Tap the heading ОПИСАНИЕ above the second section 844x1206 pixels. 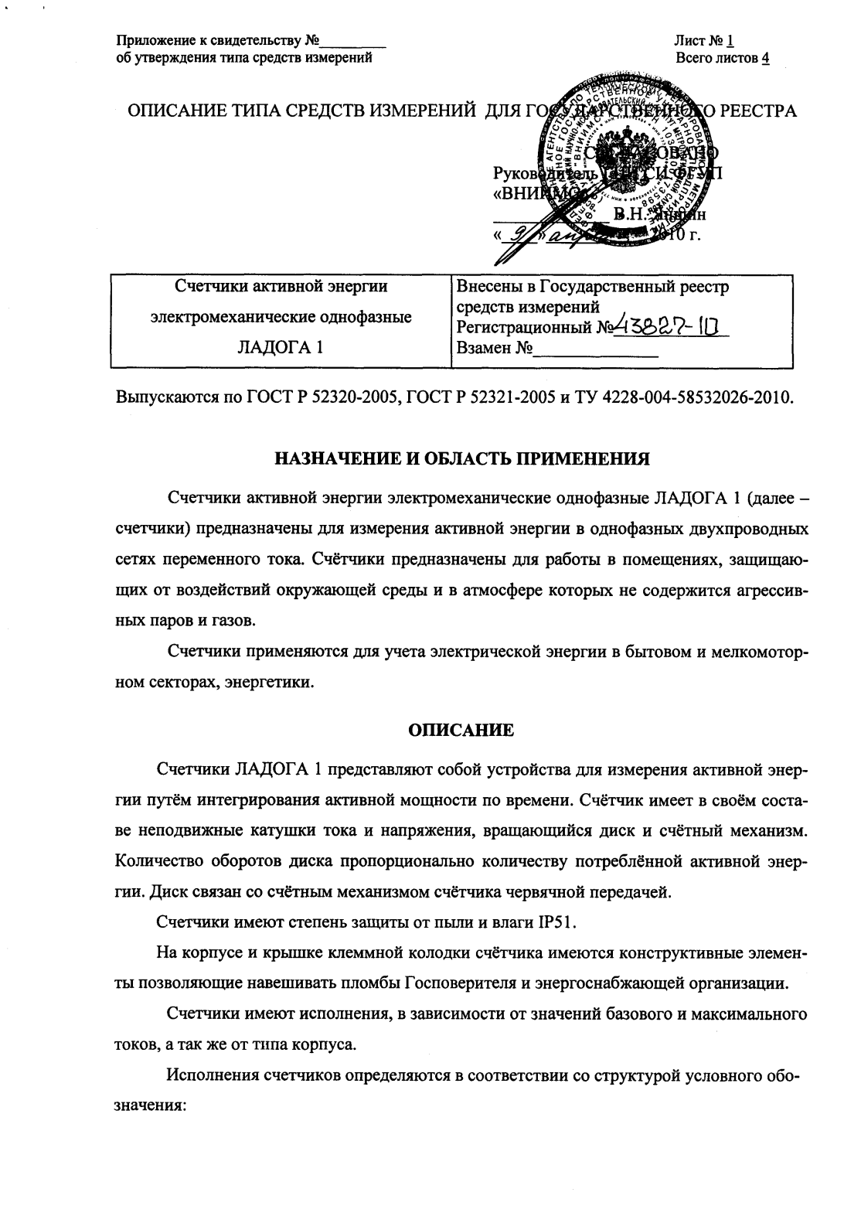pos(461,729)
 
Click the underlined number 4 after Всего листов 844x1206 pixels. pos(764,59)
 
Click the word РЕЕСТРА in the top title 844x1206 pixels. pos(756,111)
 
